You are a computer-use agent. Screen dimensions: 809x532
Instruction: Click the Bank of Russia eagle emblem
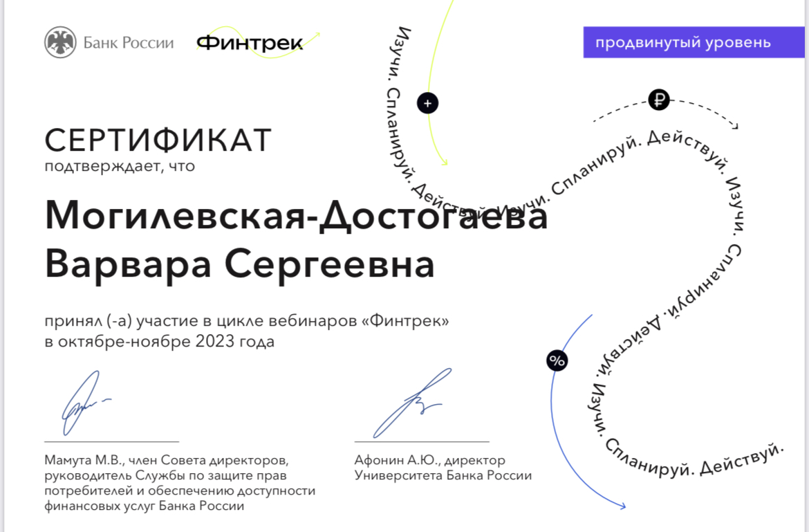pos(60,42)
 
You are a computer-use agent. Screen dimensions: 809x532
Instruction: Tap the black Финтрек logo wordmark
pos(250,43)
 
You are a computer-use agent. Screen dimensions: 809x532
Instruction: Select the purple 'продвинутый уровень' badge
pos(694,42)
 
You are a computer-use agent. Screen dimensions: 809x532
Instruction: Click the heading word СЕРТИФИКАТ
pos(158,140)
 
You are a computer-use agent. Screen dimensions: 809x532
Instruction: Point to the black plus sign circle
pos(427,103)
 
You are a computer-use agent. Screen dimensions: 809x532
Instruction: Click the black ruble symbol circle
pos(659,100)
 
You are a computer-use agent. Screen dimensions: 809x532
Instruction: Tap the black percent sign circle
pos(557,360)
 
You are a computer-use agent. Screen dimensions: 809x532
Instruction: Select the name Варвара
pos(128,263)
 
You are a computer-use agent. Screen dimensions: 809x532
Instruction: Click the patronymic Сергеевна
pos(329,263)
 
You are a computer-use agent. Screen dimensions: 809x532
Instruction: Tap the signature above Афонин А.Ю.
pos(411,403)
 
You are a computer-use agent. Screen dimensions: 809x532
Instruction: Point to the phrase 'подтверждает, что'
pos(120,167)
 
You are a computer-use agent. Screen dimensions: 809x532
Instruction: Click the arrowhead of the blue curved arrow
pos(623,506)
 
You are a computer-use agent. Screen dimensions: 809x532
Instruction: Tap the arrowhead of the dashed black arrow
pos(735,126)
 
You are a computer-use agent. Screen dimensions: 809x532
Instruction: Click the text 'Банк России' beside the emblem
pos(129,42)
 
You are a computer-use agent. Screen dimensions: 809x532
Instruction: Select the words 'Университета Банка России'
pos(443,475)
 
